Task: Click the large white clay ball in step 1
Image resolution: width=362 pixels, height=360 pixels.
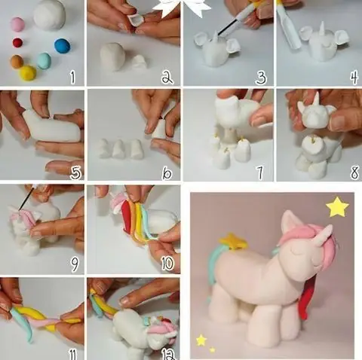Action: tap(51, 14)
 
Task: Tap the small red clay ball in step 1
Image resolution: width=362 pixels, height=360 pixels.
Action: tap(17, 43)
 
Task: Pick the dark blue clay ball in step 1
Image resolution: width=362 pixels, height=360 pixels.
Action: tap(62, 46)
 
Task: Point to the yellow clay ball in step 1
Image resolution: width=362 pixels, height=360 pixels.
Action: tap(28, 72)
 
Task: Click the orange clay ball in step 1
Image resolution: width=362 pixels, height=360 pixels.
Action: tap(17, 61)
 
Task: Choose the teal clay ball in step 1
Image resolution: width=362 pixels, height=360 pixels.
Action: tap(44, 60)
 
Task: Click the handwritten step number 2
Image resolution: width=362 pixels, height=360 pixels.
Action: tap(167, 75)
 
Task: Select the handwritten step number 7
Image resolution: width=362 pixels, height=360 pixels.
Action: tap(259, 173)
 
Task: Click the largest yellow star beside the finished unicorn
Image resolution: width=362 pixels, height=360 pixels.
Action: tap(337, 206)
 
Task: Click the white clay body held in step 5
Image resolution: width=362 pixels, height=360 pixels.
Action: tap(52, 128)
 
